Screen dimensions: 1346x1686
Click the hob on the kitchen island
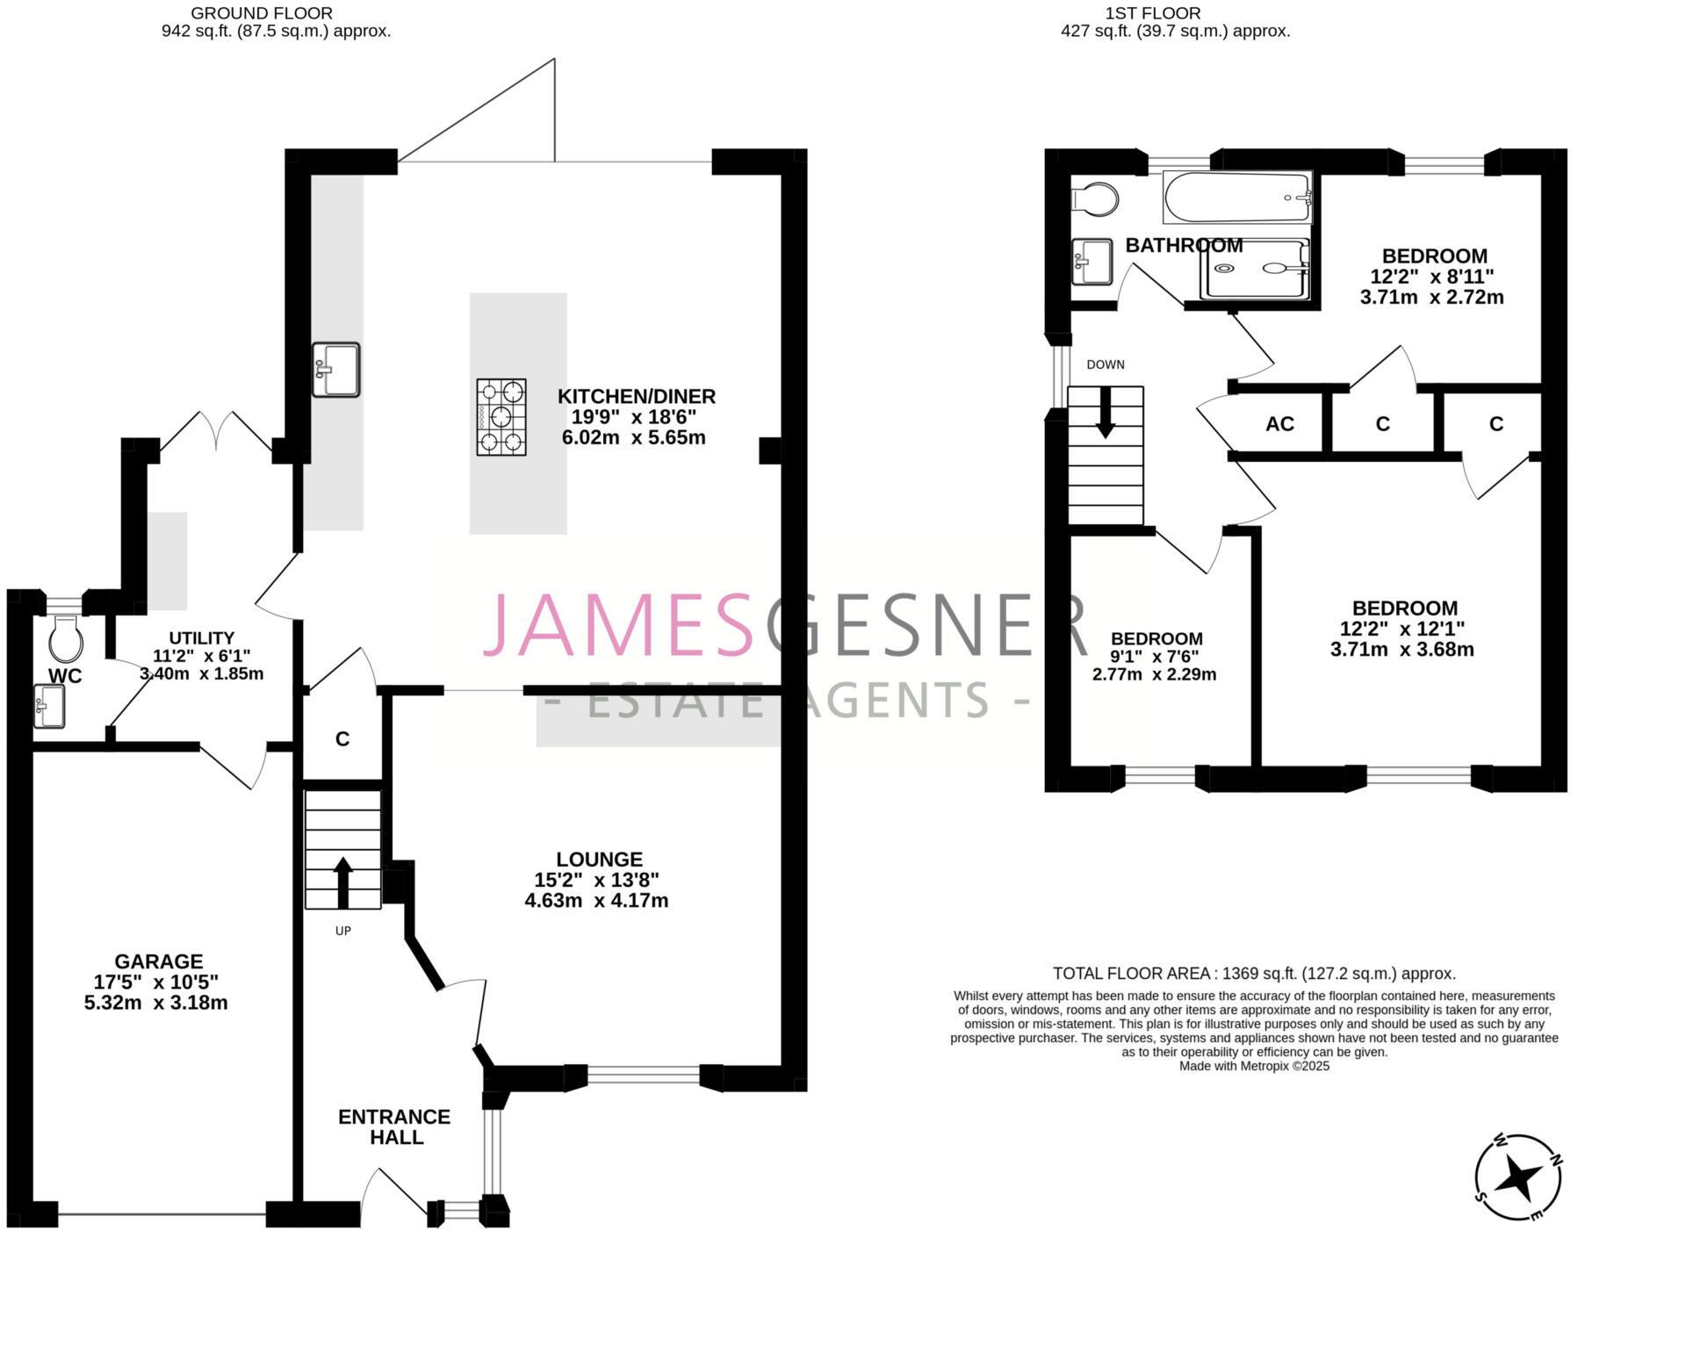pyautogui.click(x=501, y=416)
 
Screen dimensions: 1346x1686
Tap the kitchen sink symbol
pyautogui.click(x=335, y=370)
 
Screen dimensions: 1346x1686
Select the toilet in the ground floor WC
pyautogui.click(x=66, y=638)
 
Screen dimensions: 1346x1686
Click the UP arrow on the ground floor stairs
pyautogui.click(x=342, y=882)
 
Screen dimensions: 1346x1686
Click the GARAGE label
pyautogui.click(x=158, y=961)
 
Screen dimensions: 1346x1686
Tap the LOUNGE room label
pyautogui.click(x=599, y=860)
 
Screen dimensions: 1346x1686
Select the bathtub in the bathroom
pyautogui.click(x=1236, y=198)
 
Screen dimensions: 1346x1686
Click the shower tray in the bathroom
pyautogui.click(x=1256, y=269)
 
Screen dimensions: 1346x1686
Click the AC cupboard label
pyautogui.click(x=1279, y=424)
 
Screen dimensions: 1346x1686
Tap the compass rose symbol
pyautogui.click(x=1518, y=1177)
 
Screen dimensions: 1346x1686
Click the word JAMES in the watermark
pyautogui.click(x=619, y=625)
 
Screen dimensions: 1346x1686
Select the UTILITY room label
pyautogui.click(x=201, y=638)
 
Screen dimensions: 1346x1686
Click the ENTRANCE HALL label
pyautogui.click(x=394, y=1126)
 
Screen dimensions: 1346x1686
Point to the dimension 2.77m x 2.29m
pyautogui.click(x=1154, y=674)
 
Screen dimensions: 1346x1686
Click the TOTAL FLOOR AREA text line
pyautogui.click(x=1254, y=973)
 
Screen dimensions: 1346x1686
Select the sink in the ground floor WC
pyautogui.click(x=49, y=706)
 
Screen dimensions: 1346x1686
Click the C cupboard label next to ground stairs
pyautogui.click(x=342, y=739)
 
